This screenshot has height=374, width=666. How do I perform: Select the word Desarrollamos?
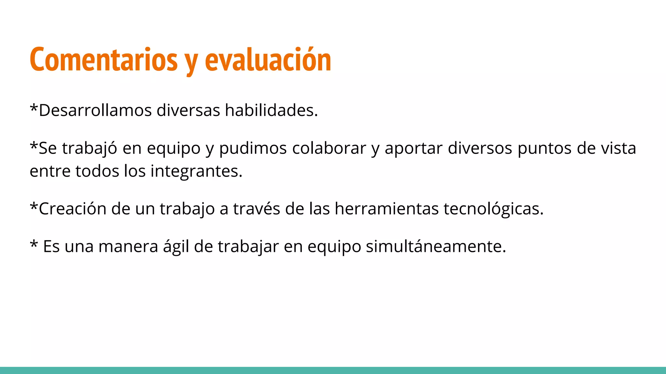click(x=95, y=110)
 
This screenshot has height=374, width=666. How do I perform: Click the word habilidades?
click(x=271, y=110)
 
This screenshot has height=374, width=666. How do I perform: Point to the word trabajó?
click(x=89, y=148)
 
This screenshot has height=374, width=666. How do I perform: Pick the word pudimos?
click(x=253, y=148)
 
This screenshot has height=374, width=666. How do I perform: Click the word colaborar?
click(x=329, y=148)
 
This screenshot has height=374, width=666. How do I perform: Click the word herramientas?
click(x=387, y=209)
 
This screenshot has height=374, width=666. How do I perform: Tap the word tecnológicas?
click(x=493, y=209)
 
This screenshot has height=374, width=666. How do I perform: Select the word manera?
click(x=128, y=246)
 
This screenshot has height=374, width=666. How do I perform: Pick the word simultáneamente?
click(x=436, y=246)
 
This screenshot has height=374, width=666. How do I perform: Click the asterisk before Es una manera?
click(x=34, y=244)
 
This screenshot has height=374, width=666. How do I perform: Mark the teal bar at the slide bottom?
click(x=333, y=370)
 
